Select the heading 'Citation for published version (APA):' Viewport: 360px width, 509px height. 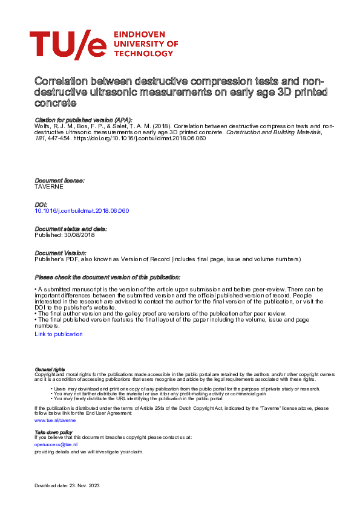[83, 120]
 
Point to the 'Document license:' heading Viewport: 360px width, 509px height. [59, 181]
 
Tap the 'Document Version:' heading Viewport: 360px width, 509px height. [60, 253]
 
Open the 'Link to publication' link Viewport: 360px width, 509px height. [59, 334]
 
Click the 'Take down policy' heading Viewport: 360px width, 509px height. [54, 432]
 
